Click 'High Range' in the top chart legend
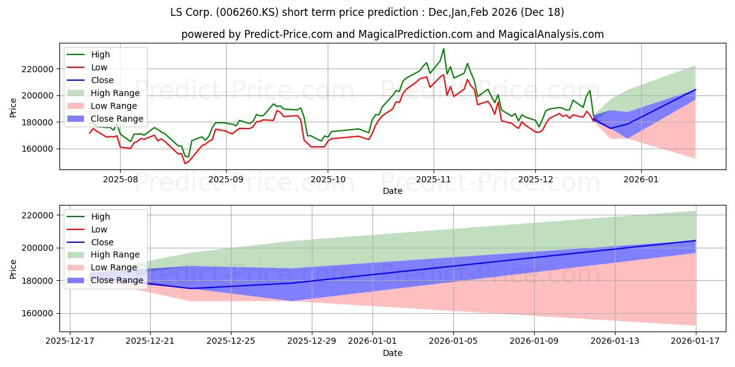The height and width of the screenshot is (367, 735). [x=116, y=93]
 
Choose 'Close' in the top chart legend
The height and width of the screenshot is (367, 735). [x=102, y=80]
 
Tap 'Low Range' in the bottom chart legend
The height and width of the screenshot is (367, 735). [x=115, y=267]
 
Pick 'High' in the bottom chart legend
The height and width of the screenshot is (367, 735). [x=100, y=217]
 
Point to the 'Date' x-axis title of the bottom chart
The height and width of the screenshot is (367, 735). [x=393, y=353]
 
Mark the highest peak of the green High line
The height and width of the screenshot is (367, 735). [x=443, y=49]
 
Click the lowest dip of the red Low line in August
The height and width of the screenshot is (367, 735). [x=184, y=163]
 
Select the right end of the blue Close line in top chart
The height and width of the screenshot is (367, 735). [x=695, y=89]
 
